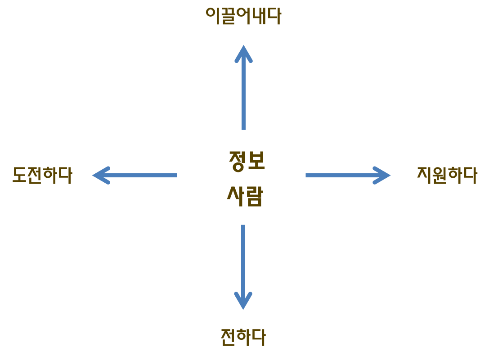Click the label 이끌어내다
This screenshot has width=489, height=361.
[243, 16]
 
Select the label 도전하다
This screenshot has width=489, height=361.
[42, 175]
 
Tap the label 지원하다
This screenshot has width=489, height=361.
[447, 175]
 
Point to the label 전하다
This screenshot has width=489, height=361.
[243, 337]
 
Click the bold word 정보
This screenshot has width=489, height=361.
[247, 161]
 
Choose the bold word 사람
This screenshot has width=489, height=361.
[245, 196]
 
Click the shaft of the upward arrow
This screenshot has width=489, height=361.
[243, 90]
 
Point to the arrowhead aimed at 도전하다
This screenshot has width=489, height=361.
[101, 176]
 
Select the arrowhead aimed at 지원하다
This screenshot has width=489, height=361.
[381, 176]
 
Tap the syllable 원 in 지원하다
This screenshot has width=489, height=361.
[439, 176]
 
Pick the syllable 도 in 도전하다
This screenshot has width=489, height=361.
[19, 175]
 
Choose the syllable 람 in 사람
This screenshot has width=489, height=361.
[255, 197]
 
